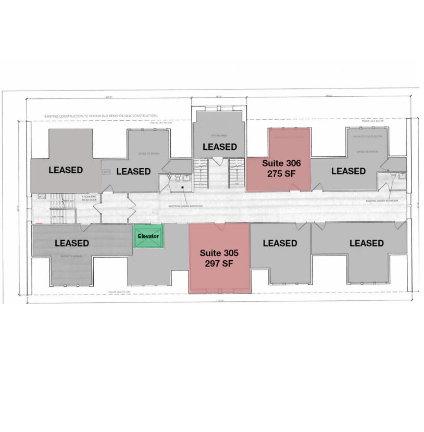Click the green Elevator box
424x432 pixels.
click(x=148, y=236)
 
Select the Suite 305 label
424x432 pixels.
click(x=219, y=253)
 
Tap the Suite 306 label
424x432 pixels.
click(x=281, y=163)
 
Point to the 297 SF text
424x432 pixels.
click(x=219, y=263)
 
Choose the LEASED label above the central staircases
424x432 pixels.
click(x=219, y=147)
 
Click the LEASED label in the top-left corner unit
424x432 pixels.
click(x=66, y=170)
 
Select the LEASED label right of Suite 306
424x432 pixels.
click(x=348, y=171)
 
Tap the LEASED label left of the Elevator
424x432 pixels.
click(x=72, y=243)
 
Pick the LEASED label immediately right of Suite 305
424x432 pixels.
click(x=280, y=243)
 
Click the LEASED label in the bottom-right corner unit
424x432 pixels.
click(x=366, y=243)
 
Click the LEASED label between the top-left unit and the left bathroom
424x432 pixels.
click(x=133, y=171)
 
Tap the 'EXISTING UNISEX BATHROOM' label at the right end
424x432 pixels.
click(x=382, y=200)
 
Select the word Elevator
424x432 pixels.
click(x=148, y=236)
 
